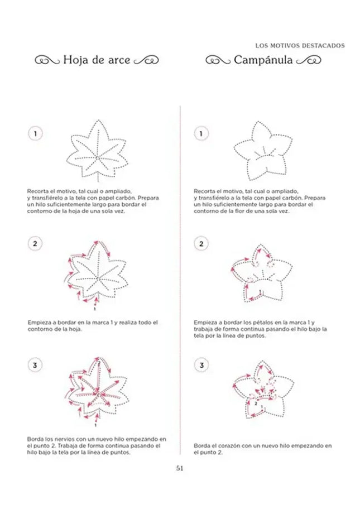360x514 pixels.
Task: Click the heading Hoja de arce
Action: click(97, 60)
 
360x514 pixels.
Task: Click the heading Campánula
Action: click(263, 60)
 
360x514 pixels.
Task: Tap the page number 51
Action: click(180, 469)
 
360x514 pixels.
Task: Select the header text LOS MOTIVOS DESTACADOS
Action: click(300, 45)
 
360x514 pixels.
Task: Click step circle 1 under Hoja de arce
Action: click(36, 134)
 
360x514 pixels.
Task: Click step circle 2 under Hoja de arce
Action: click(36, 244)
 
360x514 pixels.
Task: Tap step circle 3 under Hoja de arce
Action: click(36, 365)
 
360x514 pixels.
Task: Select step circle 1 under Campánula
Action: click(201, 134)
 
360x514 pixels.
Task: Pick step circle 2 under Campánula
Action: click(201, 244)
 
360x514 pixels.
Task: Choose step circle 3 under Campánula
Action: click(201, 365)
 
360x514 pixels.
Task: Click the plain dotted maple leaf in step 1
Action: click(97, 151)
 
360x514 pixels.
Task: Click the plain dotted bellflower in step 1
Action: click(260, 149)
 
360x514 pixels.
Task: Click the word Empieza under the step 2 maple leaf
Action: click(39, 323)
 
